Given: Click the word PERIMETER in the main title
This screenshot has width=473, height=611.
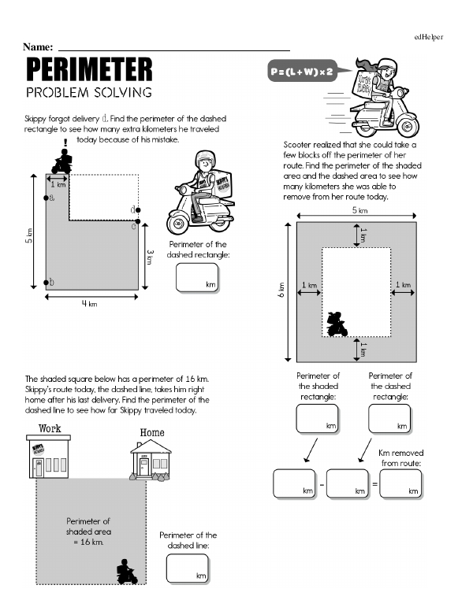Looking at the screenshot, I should pos(89,71).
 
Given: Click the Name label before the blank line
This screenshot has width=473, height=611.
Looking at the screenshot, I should pos(39,49).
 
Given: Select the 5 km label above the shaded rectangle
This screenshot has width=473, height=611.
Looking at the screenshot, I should pos(359,211).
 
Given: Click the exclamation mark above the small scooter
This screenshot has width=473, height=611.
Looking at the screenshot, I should pos(65,143).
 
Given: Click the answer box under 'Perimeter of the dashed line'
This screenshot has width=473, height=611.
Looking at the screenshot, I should pos(187,568).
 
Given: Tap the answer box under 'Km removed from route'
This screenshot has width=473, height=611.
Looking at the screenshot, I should pos(402,483).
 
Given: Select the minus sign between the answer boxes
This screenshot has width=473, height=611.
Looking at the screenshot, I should pos(321,483).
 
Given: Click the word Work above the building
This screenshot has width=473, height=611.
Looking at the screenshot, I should pos(50,430).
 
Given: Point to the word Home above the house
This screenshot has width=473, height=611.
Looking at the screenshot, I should pos(152,432).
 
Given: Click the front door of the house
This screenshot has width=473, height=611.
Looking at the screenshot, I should pos(143,466).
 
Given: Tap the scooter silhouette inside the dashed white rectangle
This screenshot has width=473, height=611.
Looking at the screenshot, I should pos(337,324).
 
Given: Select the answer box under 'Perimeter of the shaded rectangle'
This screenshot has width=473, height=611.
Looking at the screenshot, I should pos(317,418).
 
